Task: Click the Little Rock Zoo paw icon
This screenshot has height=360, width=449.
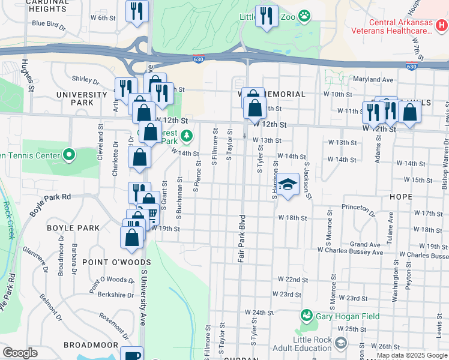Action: click(x=305, y=16)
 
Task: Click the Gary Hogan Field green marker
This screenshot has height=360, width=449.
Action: click(x=306, y=315)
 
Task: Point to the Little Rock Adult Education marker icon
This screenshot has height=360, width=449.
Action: click(x=341, y=343)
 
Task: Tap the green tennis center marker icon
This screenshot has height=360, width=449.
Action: click(x=69, y=155)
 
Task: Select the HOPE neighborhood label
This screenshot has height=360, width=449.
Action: click(x=400, y=197)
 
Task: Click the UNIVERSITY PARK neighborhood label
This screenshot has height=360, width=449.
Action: click(x=81, y=98)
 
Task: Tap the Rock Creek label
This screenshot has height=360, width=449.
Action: click(x=8, y=220)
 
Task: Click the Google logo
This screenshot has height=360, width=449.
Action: click(x=20, y=352)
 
